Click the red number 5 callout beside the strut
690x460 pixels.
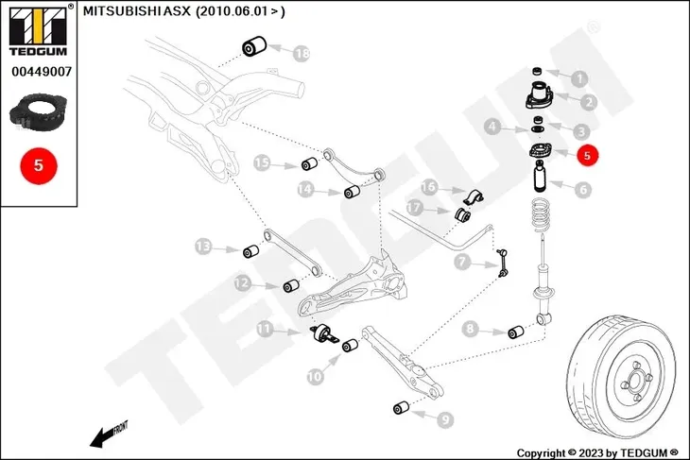coord(588,155)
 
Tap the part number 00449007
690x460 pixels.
coord(42,71)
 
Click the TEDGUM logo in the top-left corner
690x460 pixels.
coord(39,30)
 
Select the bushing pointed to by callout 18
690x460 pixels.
coord(254,46)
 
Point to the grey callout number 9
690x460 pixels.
coord(445,419)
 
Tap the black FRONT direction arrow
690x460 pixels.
coord(109,434)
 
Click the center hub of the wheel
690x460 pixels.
coord(635,380)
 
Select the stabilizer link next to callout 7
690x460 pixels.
coord(502,263)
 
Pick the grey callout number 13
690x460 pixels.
coord(203,247)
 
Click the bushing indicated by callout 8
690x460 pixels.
coord(516,332)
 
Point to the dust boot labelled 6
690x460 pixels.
coord(541,177)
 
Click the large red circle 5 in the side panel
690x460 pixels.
coord(39,166)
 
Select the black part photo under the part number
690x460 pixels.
coord(38,112)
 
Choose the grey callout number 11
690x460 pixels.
coord(265,329)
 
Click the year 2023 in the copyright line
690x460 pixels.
coord(591,452)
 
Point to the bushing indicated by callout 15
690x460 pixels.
coord(309,163)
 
